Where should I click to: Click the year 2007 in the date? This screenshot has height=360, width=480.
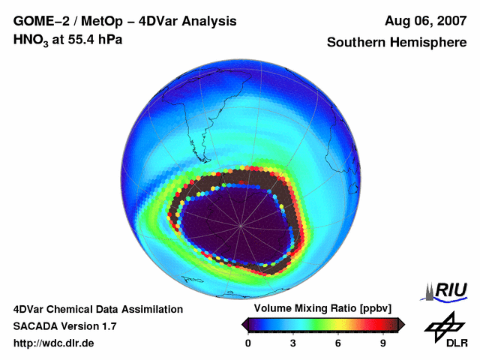(451, 21)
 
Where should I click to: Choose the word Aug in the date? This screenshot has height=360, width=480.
(397, 21)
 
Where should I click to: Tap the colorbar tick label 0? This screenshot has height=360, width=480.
(248, 343)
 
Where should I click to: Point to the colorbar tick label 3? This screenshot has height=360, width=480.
(293, 343)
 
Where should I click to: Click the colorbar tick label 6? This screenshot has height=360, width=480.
(338, 343)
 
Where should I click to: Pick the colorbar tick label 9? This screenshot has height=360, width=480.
(383, 343)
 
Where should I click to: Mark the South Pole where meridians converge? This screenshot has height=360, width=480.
(241, 225)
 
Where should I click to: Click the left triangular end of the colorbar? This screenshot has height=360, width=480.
(245, 324)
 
